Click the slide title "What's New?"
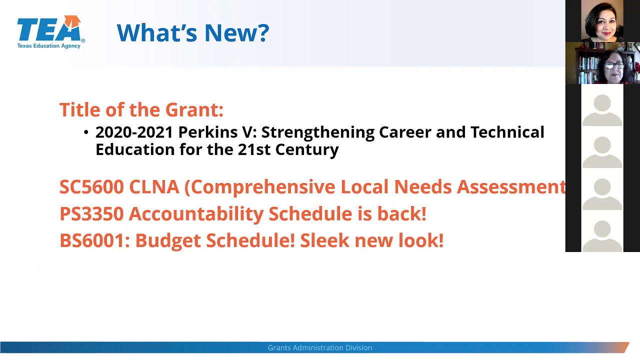pos(192,33)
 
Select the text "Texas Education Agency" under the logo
pos(48,46)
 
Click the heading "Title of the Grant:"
pos(141,109)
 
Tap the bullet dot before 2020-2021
pos(86,132)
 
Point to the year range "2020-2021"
pos(134,132)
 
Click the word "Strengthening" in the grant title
pos(317,132)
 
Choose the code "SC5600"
pos(91,187)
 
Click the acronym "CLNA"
pos(154,187)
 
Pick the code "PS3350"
pos(91,214)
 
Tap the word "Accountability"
pos(196,214)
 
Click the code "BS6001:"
pos(94,240)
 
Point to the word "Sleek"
pos(325,240)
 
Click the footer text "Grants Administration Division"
pos(320,347)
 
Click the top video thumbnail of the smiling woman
pos(602,21)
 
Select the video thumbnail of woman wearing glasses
pos(602,63)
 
